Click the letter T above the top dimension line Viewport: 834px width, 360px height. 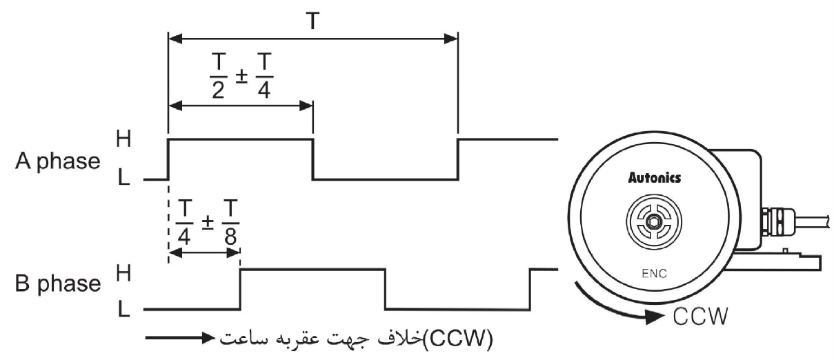[x=312, y=21]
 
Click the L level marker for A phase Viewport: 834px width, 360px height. [x=123, y=178]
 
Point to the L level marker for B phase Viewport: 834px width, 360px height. [x=123, y=310]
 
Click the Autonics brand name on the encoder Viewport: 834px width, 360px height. [x=653, y=178]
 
